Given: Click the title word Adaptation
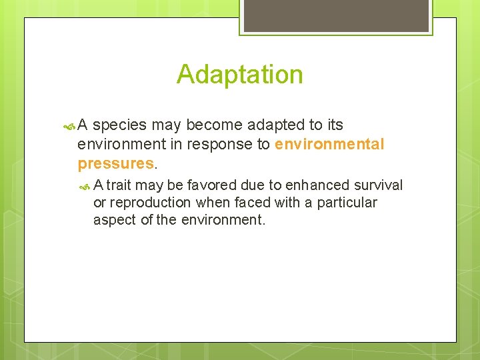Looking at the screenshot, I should click(239, 74).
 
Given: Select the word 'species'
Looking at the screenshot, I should click(122, 125).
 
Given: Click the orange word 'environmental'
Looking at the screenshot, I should click(329, 144).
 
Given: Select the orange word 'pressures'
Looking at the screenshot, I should click(115, 163).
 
